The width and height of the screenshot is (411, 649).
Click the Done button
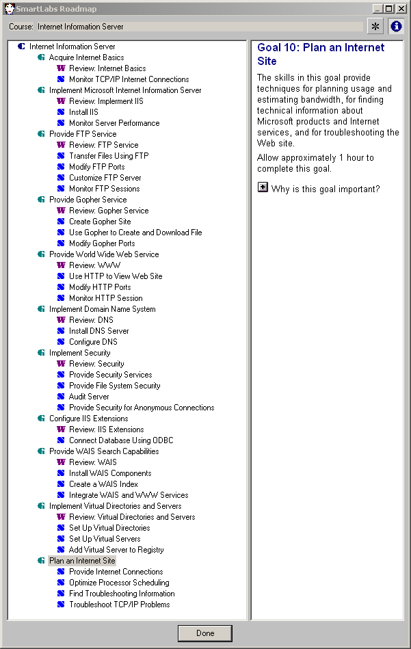click(205, 633)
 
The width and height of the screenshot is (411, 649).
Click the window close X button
click(401, 8)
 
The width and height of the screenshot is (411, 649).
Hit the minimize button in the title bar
click(377, 8)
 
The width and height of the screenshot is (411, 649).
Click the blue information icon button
click(396, 27)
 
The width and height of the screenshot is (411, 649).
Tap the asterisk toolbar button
click(375, 27)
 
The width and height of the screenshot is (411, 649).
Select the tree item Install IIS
click(83, 112)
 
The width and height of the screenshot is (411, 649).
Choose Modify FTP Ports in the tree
click(97, 167)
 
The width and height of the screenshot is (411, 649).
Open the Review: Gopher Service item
click(109, 211)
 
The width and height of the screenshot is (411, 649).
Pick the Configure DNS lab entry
click(93, 342)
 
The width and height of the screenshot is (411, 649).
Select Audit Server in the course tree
click(89, 397)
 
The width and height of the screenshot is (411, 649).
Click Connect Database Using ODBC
click(121, 440)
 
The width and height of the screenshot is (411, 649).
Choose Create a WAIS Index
click(103, 484)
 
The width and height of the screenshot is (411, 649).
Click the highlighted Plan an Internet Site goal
click(82, 561)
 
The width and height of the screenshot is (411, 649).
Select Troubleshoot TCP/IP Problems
click(120, 605)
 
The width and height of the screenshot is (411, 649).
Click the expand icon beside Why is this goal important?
click(263, 187)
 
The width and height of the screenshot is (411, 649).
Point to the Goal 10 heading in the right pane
click(321, 54)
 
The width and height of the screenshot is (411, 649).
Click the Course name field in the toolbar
click(200, 27)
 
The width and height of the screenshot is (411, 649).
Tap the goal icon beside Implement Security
click(42, 353)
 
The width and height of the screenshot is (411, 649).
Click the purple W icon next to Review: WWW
click(61, 265)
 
